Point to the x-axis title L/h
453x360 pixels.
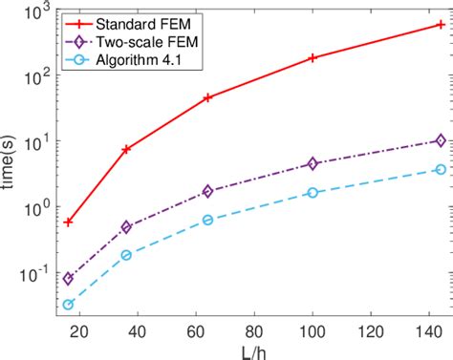[x=252, y=349]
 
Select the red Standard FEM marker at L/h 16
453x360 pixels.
[x=68, y=222]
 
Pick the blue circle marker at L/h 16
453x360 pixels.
[x=68, y=305]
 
